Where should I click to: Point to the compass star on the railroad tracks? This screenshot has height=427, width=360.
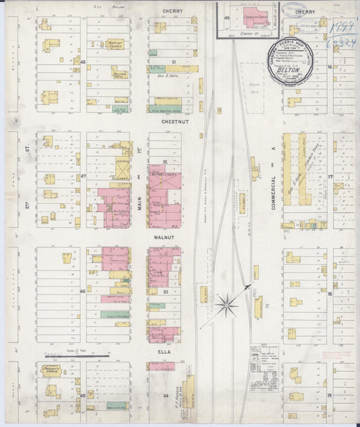pos(227,305)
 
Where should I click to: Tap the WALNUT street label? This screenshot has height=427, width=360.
pos(165,238)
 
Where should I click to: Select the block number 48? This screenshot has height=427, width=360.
pos(83,62)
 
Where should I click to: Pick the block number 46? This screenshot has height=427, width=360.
pos(83,291)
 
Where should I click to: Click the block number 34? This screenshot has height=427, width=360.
pos(164,394)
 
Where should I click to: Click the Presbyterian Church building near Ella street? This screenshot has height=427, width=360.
pos(51,371)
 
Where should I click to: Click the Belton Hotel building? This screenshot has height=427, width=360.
pos(120,73)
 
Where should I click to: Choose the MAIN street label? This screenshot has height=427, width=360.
pos(141,200)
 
